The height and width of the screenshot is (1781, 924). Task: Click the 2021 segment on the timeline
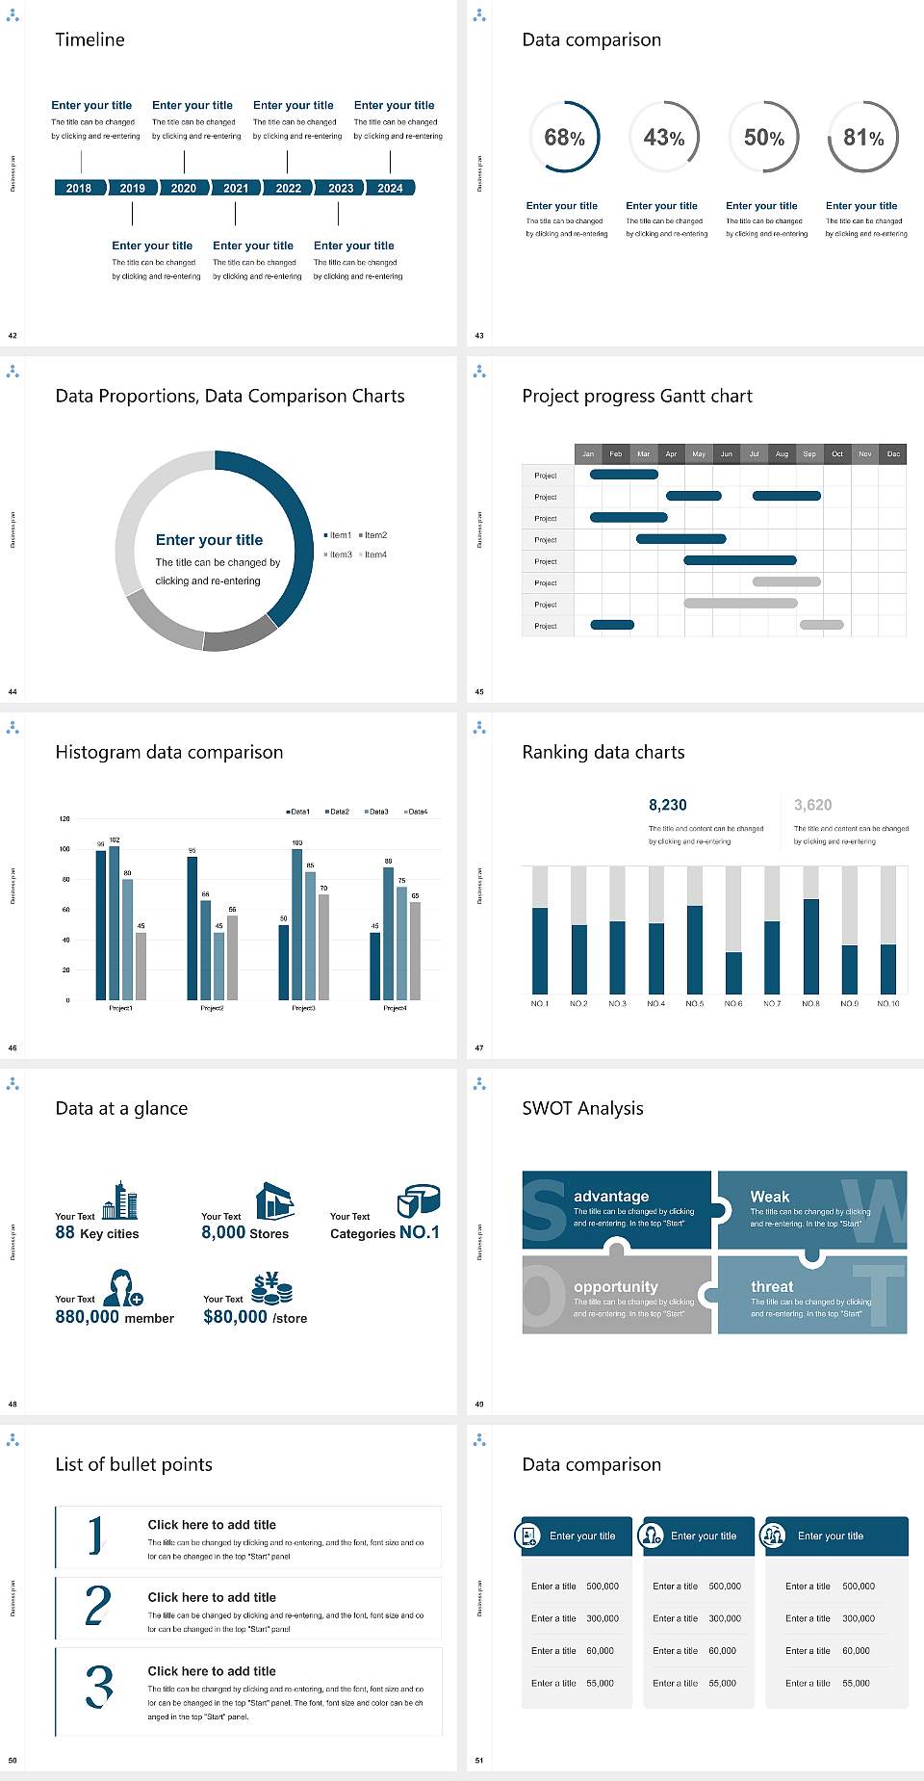pos(236,189)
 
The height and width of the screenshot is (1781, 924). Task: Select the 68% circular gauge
pos(564,138)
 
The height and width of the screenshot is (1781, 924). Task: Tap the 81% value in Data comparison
pos(863,138)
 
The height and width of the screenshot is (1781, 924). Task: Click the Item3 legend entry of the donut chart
pos(338,555)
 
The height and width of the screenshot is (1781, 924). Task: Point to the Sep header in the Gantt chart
pos(809,453)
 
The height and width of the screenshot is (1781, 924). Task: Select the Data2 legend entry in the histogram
pos(337,812)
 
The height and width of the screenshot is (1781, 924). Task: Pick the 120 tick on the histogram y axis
pos(64,819)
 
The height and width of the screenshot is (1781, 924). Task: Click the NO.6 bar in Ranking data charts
pos(733,972)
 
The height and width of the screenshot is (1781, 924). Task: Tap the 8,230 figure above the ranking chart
pos(668,805)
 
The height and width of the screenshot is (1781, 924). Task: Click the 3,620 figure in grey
pos(812,805)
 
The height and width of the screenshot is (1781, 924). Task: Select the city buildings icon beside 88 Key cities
pos(120,1200)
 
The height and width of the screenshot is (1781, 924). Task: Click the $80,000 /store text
pos(255,1317)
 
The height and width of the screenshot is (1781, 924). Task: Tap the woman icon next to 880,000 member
pos(123,1287)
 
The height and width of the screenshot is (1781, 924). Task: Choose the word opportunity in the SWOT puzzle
pos(616,1287)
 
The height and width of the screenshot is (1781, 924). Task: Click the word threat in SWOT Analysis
pos(772,1287)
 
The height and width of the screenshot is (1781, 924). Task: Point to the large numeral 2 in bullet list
pos(98,1606)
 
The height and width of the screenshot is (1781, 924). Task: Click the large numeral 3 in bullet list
pos(99,1687)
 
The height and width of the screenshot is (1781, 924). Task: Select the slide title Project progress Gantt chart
pos(636,396)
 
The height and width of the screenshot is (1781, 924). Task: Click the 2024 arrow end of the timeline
pos(391,189)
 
